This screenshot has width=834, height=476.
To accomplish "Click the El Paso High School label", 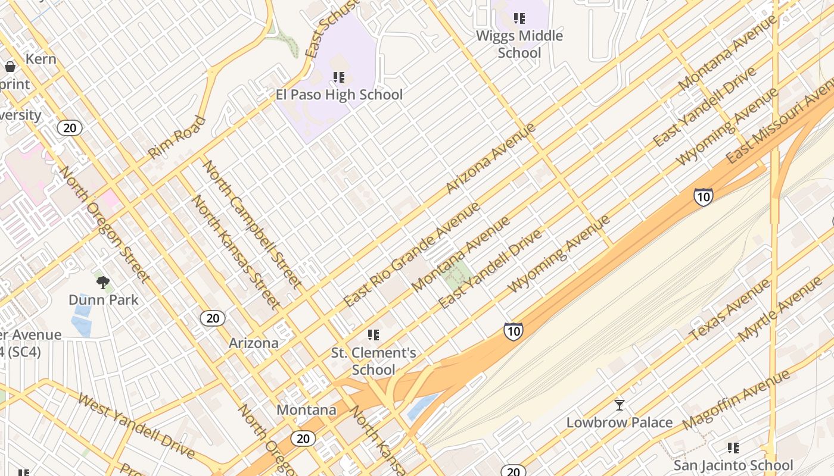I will click(x=339, y=95).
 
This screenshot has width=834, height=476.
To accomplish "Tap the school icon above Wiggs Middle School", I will click(x=519, y=18).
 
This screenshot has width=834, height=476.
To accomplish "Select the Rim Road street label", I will click(x=176, y=137).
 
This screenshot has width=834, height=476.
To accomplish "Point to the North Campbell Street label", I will click(x=253, y=224).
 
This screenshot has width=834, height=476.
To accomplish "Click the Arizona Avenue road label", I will click(x=490, y=158).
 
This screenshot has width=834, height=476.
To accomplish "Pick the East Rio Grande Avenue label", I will click(x=412, y=255).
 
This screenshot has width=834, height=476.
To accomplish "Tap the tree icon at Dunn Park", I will click(x=103, y=282).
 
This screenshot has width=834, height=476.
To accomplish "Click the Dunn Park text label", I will click(x=104, y=300).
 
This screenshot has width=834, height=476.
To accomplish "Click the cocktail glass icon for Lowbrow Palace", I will click(x=620, y=405).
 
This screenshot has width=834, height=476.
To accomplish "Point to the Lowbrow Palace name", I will click(x=620, y=422).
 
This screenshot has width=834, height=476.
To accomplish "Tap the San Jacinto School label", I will click(x=733, y=465).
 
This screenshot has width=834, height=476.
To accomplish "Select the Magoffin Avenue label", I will click(x=736, y=400).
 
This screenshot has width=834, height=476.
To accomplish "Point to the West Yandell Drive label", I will click(x=136, y=425).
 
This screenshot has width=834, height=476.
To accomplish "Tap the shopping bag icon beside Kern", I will click(x=10, y=67).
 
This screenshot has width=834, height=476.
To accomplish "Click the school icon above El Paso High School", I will click(x=339, y=77).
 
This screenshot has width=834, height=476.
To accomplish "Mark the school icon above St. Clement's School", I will click(x=374, y=335).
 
